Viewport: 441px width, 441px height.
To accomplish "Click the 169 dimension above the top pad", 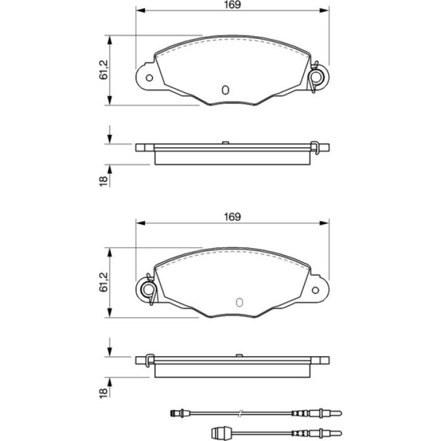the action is tap(233, 5).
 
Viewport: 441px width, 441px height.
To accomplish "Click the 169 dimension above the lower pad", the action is tap(233, 217).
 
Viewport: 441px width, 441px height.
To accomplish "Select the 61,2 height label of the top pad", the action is tap(104, 70).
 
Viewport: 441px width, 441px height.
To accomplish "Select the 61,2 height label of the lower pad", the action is tap(104, 282).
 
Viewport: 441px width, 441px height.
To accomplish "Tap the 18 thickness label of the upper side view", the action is tap(104, 180).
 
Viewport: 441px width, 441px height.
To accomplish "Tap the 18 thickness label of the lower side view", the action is tap(104, 393).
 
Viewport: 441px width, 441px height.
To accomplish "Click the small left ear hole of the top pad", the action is tap(149, 78).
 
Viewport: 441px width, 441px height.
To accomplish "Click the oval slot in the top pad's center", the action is tap(225, 90).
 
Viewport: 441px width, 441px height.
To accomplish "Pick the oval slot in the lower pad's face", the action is tap(239, 302).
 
